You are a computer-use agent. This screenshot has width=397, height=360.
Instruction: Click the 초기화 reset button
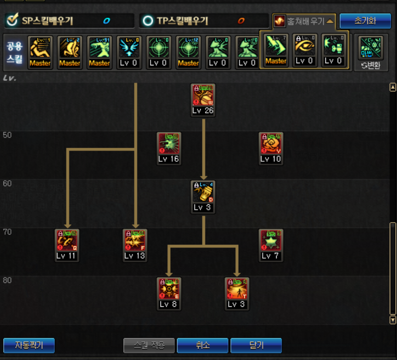tap(365, 20)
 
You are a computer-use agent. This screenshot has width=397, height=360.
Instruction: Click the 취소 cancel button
tap(202, 346)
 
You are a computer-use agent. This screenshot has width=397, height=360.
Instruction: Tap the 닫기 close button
tap(256, 346)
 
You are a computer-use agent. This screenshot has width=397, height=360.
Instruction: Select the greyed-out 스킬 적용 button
tap(149, 346)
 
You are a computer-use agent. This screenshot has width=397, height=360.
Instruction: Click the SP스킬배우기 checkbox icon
tap(13, 20)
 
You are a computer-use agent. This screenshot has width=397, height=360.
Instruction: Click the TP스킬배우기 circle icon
tap(149, 20)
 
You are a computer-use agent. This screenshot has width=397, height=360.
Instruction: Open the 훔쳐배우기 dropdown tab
tap(304, 21)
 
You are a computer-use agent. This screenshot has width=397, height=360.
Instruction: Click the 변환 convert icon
tap(371, 52)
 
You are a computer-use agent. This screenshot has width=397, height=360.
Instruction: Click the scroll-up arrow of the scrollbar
tap(392, 88)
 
